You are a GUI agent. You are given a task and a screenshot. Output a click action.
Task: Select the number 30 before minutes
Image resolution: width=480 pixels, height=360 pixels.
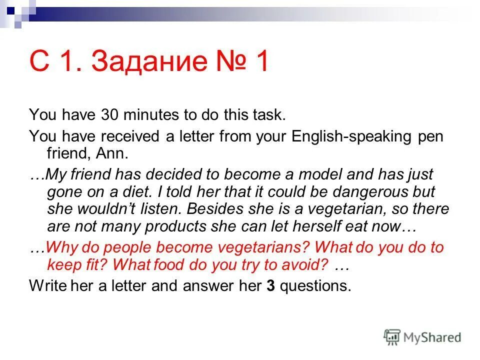(109, 115)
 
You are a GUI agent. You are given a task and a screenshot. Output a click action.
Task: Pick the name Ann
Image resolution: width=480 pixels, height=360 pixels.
(115, 153)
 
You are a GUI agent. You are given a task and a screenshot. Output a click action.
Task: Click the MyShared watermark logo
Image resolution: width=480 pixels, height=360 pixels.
(422, 337)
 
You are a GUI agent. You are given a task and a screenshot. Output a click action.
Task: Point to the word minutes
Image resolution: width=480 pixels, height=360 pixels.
(152, 115)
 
